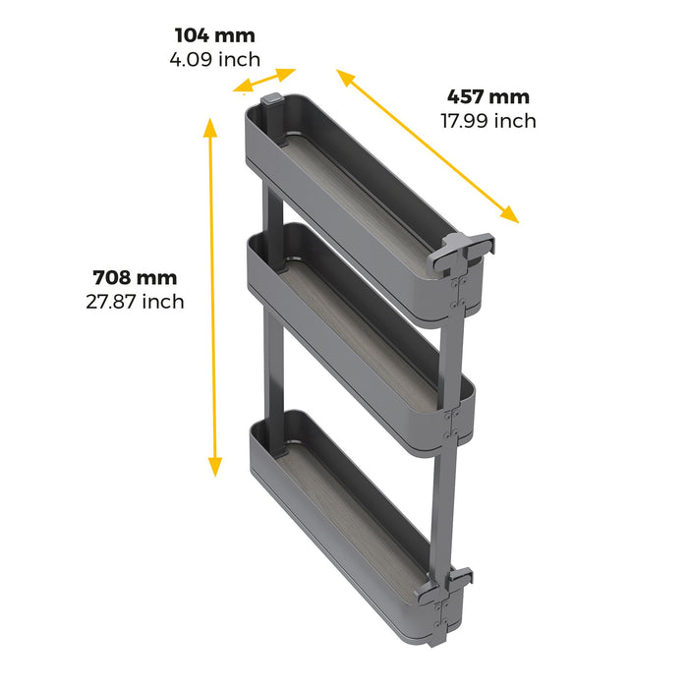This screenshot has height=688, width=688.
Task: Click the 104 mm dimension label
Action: click(x=213, y=36)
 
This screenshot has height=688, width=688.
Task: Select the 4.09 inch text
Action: click(x=213, y=59)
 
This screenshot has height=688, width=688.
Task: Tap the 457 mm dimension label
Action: click(x=488, y=96)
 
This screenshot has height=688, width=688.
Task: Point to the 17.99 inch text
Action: click(x=488, y=121)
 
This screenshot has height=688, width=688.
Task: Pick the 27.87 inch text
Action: click(x=136, y=302)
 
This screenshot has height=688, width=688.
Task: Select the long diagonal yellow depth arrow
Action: click(x=428, y=145)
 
